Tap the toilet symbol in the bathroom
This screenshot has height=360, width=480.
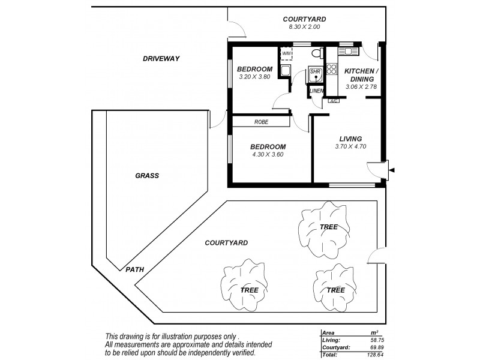click(317, 52)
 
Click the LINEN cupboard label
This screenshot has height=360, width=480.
click(316, 91)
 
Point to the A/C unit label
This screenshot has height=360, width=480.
click(334, 101)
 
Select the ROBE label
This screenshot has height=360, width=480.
click(261, 122)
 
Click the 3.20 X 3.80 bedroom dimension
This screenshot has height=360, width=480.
click(254, 76)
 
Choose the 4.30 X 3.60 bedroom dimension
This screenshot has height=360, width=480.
click(266, 154)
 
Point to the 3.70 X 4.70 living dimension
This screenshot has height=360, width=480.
click(350, 146)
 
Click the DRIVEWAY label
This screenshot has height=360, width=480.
click(161, 58)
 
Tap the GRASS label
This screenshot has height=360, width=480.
click(146, 176)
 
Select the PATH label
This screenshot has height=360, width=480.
click(135, 269)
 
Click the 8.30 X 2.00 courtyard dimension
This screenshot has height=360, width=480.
click(305, 27)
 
